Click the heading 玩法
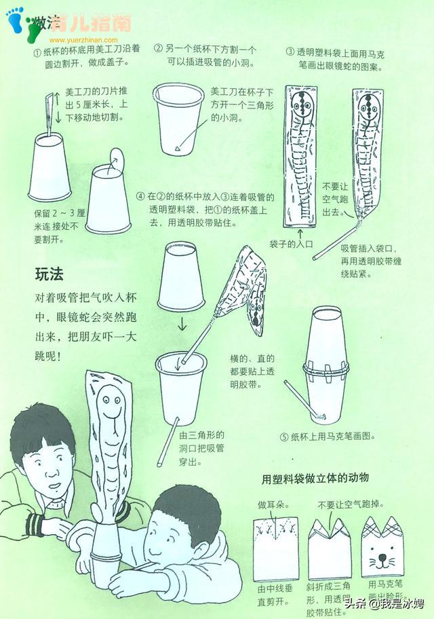[49, 275]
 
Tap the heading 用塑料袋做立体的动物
[315, 479]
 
